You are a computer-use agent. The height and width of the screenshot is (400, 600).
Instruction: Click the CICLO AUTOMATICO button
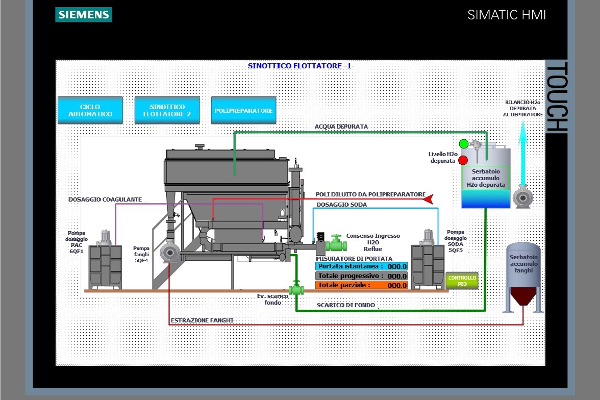tap(90, 110)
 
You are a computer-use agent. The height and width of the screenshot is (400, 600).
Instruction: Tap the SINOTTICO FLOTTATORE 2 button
tap(167, 110)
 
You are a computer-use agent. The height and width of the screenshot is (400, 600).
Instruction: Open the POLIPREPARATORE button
tap(243, 110)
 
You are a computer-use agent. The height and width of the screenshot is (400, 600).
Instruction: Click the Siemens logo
tap(84, 15)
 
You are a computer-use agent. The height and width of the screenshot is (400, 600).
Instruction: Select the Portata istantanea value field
tap(362, 266)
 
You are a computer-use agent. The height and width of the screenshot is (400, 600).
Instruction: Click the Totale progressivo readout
tap(362, 276)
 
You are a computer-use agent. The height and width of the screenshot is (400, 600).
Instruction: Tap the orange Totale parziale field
tap(362, 285)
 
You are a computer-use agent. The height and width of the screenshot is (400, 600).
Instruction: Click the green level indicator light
tap(464, 144)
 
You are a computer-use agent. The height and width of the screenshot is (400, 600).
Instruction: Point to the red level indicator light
tap(463, 160)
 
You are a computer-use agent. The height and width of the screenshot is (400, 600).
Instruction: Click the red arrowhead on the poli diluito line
tap(429, 199)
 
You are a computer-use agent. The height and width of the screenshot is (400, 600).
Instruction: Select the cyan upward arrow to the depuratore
tap(522, 153)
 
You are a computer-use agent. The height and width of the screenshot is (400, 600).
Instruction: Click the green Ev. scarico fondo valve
tap(296, 288)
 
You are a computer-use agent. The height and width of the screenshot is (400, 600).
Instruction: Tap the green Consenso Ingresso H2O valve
tap(336, 243)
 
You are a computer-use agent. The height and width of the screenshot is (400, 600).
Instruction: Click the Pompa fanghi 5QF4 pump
tap(169, 252)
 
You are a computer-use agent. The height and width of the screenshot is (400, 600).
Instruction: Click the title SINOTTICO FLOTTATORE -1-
tap(301, 66)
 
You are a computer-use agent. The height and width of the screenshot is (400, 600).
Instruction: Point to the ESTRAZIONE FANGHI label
tap(202, 320)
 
